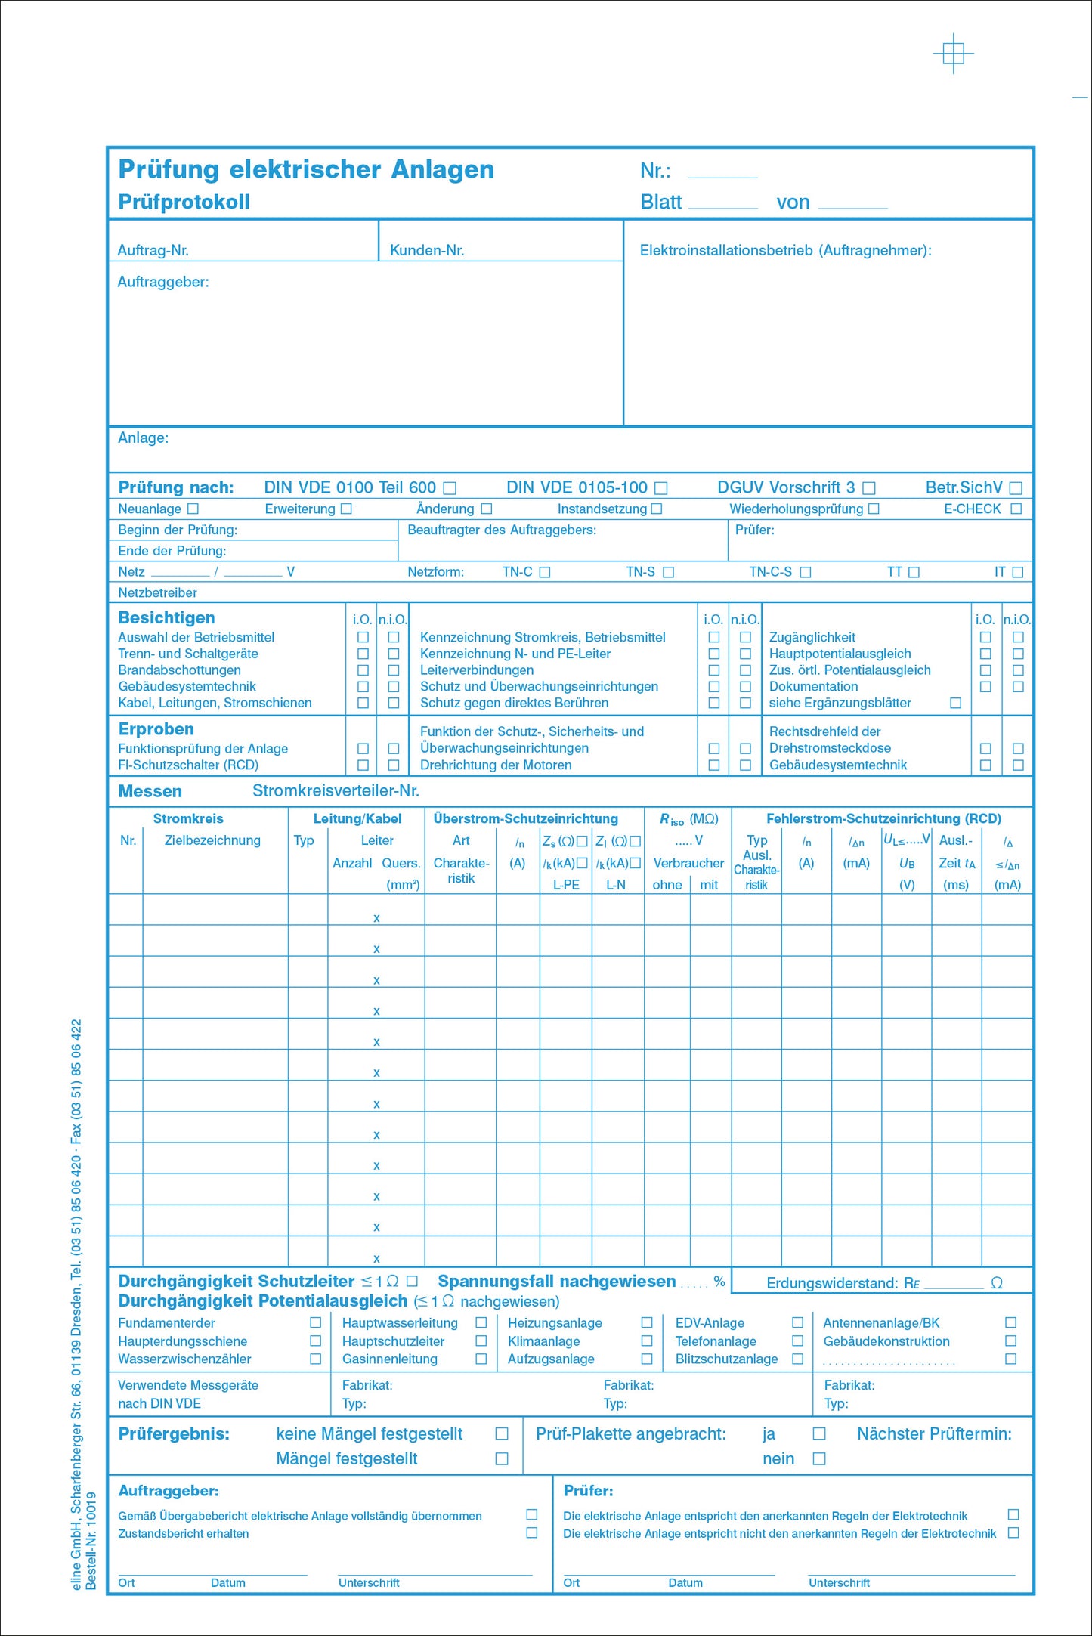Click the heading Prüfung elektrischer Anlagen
tap(306, 170)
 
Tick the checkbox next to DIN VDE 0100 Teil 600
tap(450, 489)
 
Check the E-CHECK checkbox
tap(1016, 509)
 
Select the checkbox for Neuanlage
tap(193, 509)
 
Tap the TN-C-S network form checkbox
tap(806, 573)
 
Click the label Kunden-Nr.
tap(427, 251)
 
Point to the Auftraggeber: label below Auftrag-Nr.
tap(163, 283)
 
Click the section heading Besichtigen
tap(166, 618)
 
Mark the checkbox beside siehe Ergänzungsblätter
tap(955, 704)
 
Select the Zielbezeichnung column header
tap(212, 840)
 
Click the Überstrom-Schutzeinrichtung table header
tap(525, 819)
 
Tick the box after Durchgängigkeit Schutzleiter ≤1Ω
tap(412, 1282)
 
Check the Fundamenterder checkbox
tap(316, 1323)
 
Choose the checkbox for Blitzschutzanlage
tap(797, 1359)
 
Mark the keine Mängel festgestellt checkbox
tap(501, 1434)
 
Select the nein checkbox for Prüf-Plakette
tap(819, 1459)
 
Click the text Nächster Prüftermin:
tap(934, 1434)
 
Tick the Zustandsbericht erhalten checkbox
tap(532, 1533)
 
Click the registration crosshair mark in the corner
tap(954, 54)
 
